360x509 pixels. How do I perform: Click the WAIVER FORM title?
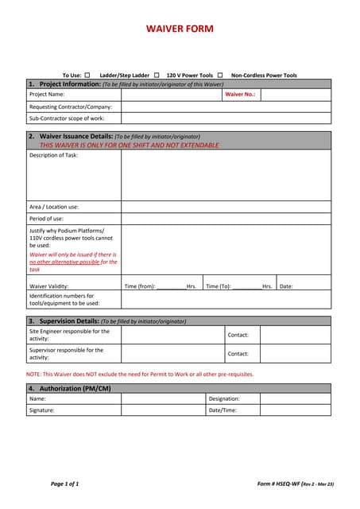point(180,29)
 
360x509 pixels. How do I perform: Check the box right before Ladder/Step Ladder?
point(87,75)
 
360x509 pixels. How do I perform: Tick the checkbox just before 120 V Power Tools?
point(157,75)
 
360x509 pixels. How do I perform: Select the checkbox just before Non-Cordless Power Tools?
point(220,75)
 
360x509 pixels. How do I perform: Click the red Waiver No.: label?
point(240,94)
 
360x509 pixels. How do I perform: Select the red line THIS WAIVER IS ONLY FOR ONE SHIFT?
point(130,145)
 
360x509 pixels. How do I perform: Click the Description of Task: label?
point(53,155)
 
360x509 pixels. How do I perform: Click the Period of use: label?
point(46,219)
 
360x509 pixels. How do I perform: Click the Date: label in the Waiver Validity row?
point(286,286)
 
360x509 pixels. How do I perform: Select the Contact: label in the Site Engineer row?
point(238,335)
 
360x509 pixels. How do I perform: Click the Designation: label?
point(224,398)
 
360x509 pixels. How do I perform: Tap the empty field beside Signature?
point(163,410)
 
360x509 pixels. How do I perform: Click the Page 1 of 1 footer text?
point(65,484)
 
